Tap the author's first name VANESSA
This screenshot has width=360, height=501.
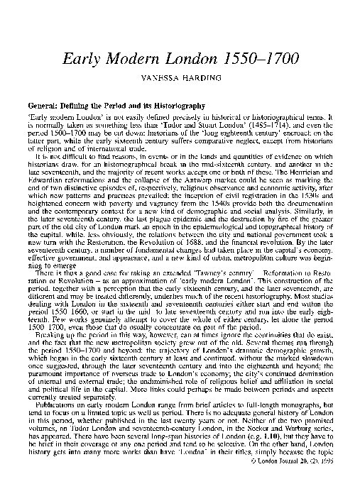click(161, 82)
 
